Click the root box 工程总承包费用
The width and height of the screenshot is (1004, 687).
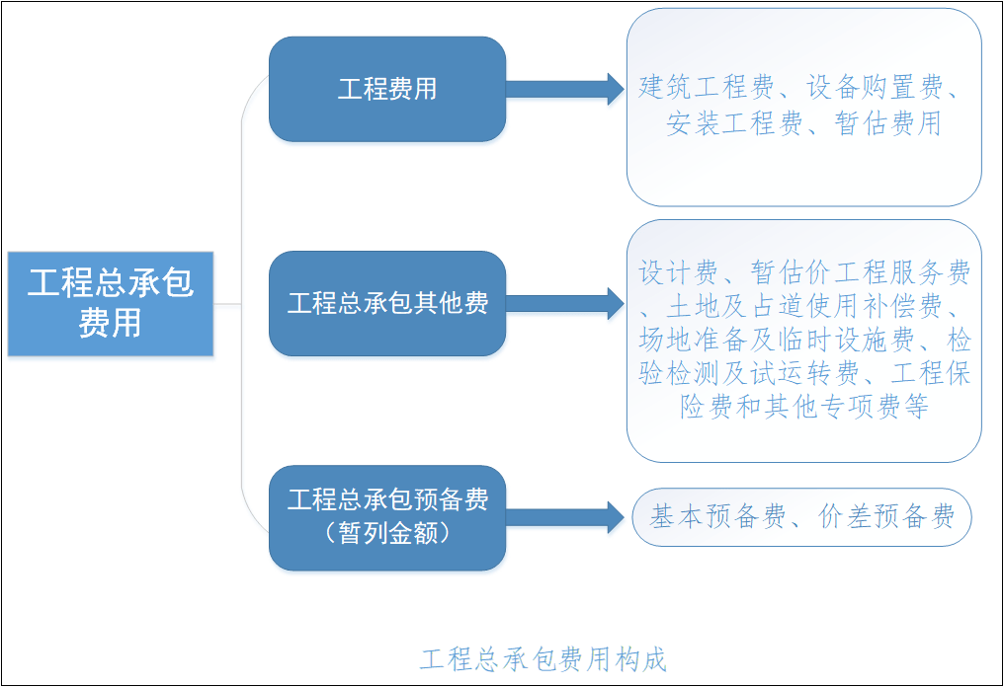[x=111, y=303]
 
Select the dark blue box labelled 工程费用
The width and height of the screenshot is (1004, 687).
[x=387, y=89]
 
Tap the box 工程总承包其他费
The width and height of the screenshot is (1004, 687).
[x=387, y=303]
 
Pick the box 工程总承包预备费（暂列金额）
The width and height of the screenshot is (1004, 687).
[x=387, y=517]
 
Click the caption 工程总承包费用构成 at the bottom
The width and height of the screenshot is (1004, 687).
[x=543, y=659]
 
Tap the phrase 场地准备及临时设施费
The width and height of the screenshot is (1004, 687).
[x=781, y=341]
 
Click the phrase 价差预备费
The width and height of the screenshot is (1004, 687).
[x=886, y=517]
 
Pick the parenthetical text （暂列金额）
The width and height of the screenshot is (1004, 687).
[x=387, y=534]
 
